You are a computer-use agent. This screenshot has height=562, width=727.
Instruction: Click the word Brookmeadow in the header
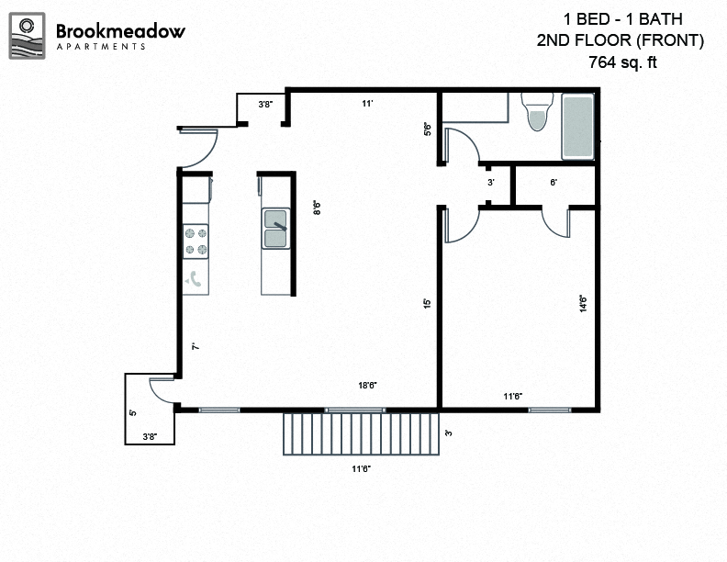pos(120,30)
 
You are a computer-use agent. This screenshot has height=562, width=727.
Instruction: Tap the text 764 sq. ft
pos(621,62)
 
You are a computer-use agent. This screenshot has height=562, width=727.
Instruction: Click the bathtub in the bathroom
pos(578,127)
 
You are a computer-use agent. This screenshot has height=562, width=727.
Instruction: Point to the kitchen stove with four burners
pos(196,241)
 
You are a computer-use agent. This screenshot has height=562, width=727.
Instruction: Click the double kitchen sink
pos(275,229)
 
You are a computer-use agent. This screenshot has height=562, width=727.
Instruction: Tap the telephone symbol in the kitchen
pos(196,279)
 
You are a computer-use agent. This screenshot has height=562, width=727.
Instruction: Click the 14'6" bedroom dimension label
pos(582,303)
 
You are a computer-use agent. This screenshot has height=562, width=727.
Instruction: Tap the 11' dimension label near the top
pos(366,104)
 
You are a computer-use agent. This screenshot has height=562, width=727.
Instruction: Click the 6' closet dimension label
pos(554,183)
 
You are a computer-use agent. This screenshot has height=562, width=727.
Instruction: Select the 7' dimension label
pos(195,346)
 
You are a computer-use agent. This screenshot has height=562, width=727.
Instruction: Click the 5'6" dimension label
pos(428,129)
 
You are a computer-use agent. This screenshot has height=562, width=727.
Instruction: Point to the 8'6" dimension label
pos(317,208)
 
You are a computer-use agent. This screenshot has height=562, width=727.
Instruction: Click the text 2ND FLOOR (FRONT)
pos(621,40)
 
